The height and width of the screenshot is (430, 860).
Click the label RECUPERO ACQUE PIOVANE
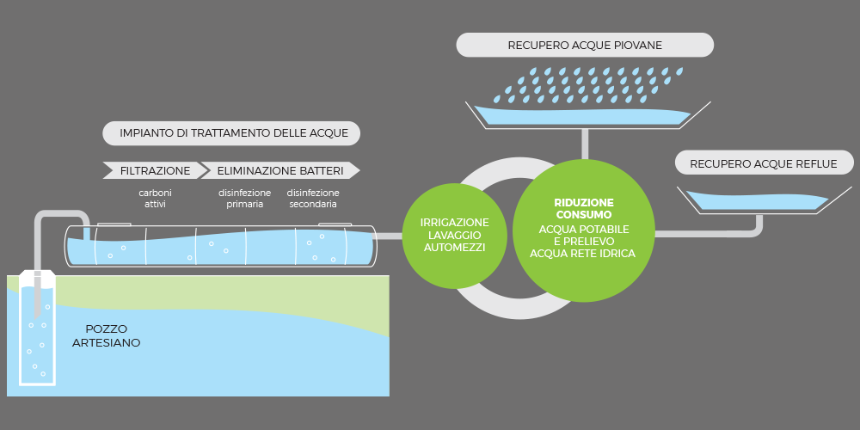pyautogui.click(x=585, y=45)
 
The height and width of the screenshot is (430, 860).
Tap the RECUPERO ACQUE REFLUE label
pyautogui.click(x=763, y=163)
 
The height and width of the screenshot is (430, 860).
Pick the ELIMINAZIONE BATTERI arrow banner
pyautogui.click(x=279, y=170)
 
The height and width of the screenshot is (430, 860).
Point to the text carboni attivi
pyautogui.click(x=155, y=199)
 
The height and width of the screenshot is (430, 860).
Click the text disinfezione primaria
pyautogui.click(x=245, y=199)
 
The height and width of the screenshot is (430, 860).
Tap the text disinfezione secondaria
pyautogui.click(x=313, y=199)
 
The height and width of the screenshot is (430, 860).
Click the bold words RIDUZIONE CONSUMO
pyautogui.click(x=583, y=208)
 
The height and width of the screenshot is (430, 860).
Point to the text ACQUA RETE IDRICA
pyautogui.click(x=583, y=254)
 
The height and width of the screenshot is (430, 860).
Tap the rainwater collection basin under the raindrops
pyautogui.click(x=586, y=114)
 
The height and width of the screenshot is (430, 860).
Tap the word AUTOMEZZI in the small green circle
pyautogui.click(x=453, y=248)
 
